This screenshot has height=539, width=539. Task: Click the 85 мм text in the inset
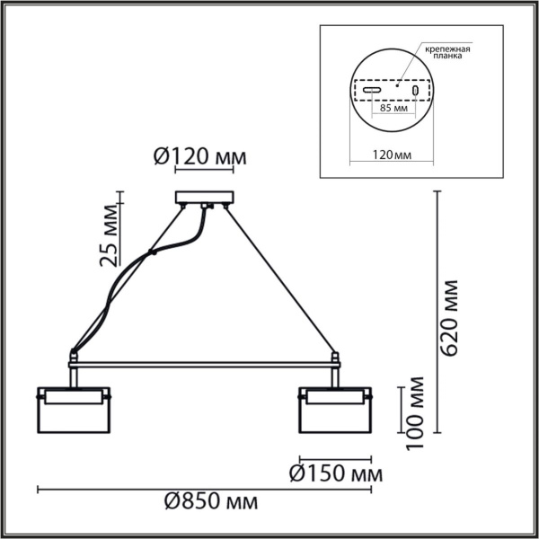point(394,109)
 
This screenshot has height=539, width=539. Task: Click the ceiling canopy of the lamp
point(205,198)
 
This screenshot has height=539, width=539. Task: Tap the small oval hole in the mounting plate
point(415,91)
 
